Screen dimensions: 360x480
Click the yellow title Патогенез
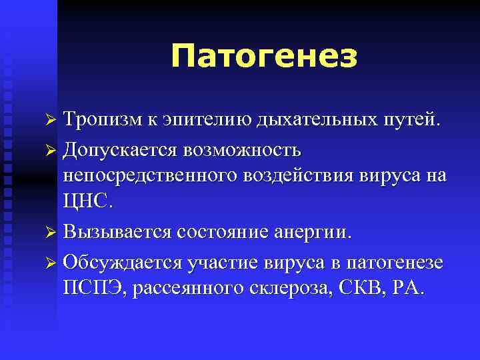[263, 56]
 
